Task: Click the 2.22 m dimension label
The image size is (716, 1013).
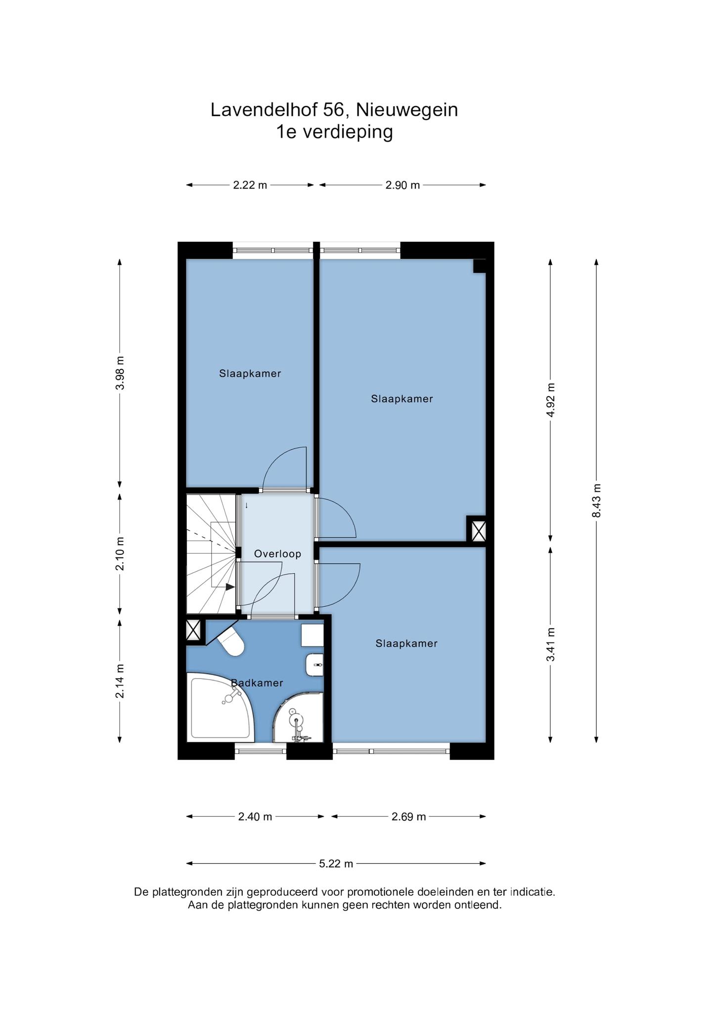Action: click(250, 185)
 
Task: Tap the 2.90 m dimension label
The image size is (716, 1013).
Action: click(403, 185)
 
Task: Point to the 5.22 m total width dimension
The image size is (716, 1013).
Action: click(336, 864)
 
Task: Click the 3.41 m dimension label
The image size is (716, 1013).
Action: click(551, 644)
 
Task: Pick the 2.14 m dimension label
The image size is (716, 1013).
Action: click(120, 681)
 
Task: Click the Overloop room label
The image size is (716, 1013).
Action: click(277, 554)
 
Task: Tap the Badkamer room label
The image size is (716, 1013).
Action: click(257, 683)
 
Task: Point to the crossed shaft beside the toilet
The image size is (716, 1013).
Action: click(193, 631)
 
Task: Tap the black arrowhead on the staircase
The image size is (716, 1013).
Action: click(230, 587)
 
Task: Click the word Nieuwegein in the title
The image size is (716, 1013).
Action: click(407, 110)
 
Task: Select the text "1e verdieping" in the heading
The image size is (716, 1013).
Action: click(335, 132)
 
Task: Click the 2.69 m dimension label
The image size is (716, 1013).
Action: click(408, 817)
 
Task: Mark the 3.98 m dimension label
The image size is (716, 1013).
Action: click(120, 372)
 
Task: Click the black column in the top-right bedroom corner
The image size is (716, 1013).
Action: click(480, 266)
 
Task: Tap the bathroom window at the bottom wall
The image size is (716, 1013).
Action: click(261, 751)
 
